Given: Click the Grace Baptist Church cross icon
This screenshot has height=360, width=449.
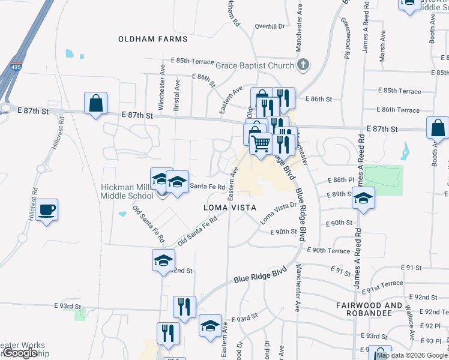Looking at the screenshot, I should [303, 64].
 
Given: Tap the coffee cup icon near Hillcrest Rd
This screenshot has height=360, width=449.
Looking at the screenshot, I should [46, 211].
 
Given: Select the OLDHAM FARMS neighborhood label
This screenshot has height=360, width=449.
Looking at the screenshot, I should [153, 39].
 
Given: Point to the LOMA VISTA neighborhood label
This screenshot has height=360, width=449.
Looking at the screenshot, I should [231, 207].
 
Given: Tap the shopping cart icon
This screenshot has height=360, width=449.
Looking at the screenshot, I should [261, 143].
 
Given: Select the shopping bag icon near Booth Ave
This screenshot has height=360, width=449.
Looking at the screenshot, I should [438, 128].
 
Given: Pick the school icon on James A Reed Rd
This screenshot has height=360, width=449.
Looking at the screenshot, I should [363, 199].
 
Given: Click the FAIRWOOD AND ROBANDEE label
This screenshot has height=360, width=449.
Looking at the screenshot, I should [369, 310].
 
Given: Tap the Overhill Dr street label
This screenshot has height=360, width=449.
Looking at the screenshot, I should [269, 26].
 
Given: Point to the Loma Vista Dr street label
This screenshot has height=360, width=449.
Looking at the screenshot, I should [279, 213].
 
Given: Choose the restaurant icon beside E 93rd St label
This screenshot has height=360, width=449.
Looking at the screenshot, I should [184, 307].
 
